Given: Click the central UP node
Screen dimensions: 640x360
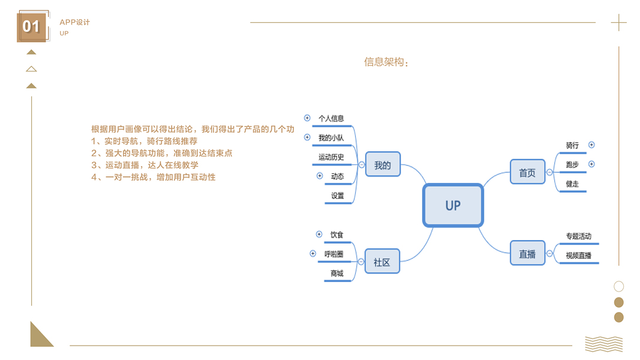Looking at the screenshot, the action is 453,205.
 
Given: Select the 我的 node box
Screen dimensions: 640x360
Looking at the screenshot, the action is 383,164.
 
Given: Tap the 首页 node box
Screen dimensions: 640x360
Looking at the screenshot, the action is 527,172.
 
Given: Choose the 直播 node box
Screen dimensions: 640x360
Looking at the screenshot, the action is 527,253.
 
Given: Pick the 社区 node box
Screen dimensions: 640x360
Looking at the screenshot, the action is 382,262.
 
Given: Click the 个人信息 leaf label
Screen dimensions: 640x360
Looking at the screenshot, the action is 331,119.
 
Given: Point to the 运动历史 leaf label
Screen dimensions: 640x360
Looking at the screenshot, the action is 331,157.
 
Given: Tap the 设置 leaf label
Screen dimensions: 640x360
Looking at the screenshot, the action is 338,196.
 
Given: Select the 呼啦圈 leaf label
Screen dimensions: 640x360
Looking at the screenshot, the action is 333,254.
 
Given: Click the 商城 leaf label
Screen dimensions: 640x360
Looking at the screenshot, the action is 337,274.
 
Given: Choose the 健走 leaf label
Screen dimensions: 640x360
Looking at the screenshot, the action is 572,184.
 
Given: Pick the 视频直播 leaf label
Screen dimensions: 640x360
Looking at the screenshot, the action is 578,256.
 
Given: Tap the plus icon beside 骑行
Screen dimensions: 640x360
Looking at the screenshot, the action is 591,145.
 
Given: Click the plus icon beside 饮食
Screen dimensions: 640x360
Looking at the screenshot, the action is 319,235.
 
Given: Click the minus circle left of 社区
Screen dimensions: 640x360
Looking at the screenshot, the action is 360,262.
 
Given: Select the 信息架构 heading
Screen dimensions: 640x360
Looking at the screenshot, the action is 386,62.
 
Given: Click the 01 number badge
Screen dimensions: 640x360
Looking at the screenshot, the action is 31,27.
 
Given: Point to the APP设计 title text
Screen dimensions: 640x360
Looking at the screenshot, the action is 74,22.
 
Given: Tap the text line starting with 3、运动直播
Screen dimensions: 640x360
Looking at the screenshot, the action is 145,165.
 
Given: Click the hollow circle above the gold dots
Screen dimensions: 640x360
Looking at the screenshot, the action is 618,287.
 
